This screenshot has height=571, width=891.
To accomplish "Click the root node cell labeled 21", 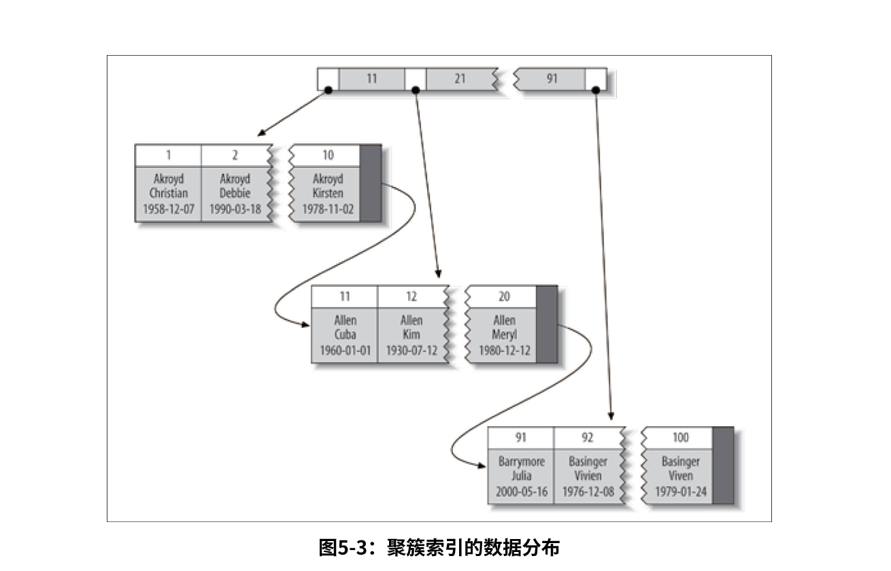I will pyautogui.click(x=460, y=79).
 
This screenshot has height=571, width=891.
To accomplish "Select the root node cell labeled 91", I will pyautogui.click(x=552, y=79).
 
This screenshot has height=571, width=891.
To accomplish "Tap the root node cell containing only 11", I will pyautogui.click(x=371, y=79).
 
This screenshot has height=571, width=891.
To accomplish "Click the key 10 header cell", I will pyautogui.click(x=328, y=155).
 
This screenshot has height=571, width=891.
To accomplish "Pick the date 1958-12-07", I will pyautogui.click(x=169, y=209).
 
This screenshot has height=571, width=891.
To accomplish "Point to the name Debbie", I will pyautogui.click(x=235, y=194).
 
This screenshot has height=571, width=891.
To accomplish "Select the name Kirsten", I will pyautogui.click(x=328, y=194).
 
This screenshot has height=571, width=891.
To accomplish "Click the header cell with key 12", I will pyautogui.click(x=411, y=296).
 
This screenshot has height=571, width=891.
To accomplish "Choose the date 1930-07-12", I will pyautogui.click(x=411, y=351).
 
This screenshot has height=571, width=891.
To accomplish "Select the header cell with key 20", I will pyautogui.click(x=504, y=296).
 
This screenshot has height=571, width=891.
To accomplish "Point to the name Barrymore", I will pyautogui.click(x=521, y=462).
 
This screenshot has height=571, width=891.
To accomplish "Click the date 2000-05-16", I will pyautogui.click(x=521, y=491).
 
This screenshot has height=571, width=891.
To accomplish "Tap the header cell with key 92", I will pyautogui.click(x=587, y=438).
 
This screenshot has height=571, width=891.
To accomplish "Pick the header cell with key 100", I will pyautogui.click(x=680, y=438).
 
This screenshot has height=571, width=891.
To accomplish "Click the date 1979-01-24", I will pyautogui.click(x=680, y=491).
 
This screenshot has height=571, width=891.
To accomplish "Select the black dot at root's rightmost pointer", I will pyautogui.click(x=596, y=90).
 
